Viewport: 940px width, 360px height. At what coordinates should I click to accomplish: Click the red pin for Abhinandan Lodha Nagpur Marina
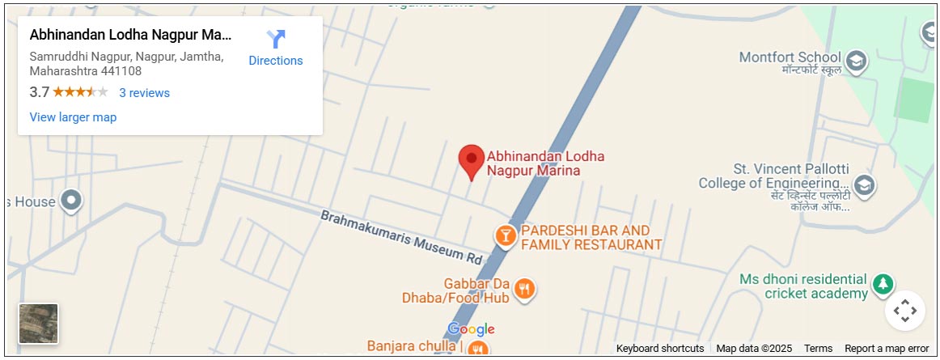coord(472,160)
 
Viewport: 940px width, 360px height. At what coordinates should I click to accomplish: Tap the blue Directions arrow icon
coord(276,39)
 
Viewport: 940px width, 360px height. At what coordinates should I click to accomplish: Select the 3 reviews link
coord(144,93)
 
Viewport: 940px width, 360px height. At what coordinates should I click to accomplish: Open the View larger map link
coord(73,117)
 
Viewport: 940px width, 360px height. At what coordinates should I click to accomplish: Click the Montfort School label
coord(790,57)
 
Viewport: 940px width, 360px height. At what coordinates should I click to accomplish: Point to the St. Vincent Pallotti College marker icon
coord(864,185)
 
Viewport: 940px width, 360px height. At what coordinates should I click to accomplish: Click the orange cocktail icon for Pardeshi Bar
coord(506,235)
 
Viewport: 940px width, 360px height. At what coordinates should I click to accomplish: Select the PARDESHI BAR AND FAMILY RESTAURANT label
coord(591,238)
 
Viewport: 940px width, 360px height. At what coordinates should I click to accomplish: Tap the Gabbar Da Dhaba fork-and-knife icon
coord(525,288)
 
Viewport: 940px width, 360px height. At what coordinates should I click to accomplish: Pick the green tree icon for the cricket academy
coord(882,284)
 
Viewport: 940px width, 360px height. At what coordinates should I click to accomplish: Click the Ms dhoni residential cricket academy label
coord(802,286)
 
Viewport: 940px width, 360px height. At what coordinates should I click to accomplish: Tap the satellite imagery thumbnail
coord(39,324)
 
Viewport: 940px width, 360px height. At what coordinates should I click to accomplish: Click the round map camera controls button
coord(904,310)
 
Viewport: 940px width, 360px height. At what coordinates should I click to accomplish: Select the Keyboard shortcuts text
coord(659,349)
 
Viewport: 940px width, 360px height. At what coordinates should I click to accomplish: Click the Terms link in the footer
coord(818,349)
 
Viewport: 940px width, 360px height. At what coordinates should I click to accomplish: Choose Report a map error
coord(887,349)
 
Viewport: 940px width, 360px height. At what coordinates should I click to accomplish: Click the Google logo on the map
coord(471,329)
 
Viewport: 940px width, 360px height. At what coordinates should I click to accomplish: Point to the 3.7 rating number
coord(39,92)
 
